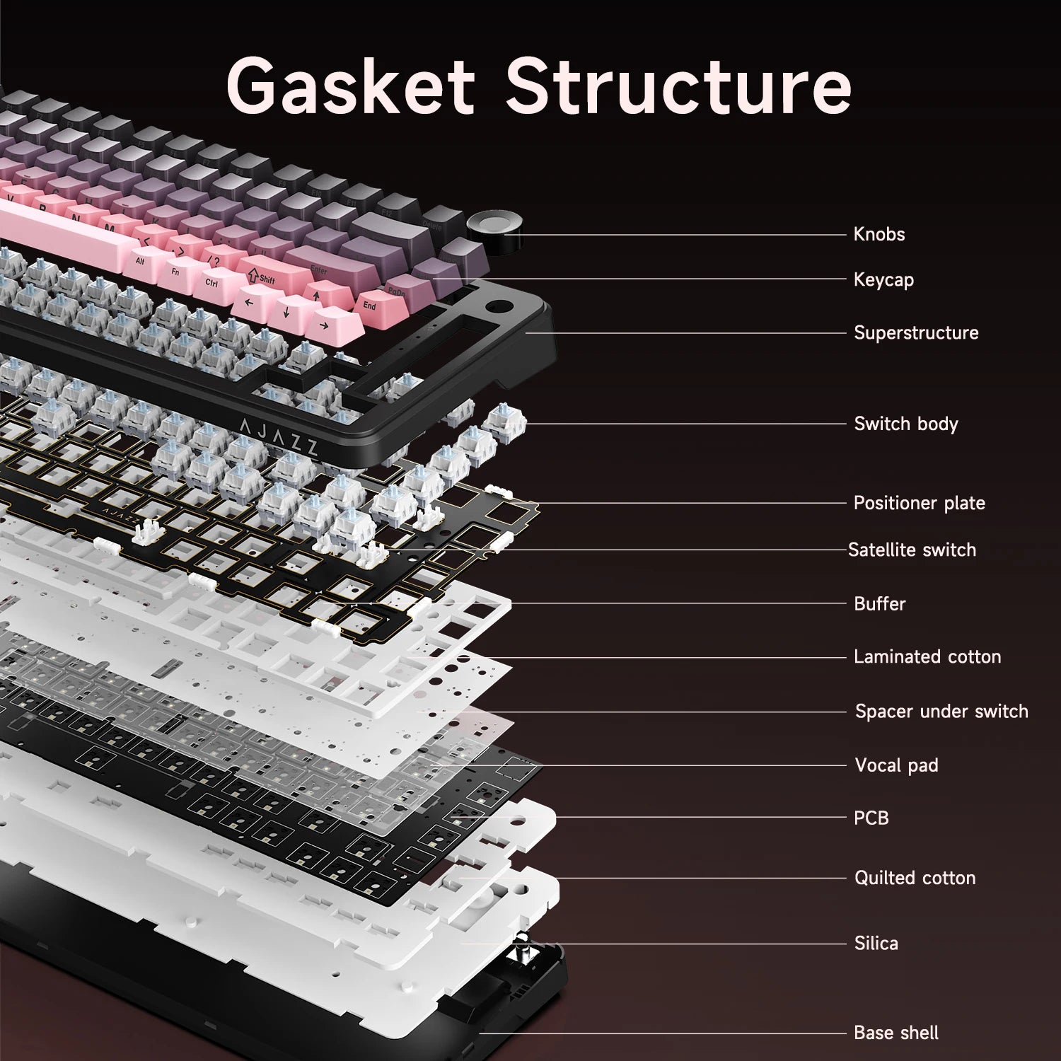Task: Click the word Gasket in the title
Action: (350, 86)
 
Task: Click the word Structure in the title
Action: (679, 86)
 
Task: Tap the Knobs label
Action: (879, 234)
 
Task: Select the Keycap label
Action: (883, 279)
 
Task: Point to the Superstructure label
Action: (916, 332)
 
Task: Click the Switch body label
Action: (906, 424)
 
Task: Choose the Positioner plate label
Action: (919, 503)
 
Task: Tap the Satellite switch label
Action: (912, 550)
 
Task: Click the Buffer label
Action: (879, 603)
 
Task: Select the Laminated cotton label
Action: (927, 656)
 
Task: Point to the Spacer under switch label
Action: (941, 711)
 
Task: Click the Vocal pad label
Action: (896, 765)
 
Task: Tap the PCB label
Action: (871, 818)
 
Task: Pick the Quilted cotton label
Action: (915, 878)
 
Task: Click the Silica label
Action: (876, 943)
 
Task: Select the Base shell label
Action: (896, 1033)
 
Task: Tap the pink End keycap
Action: (370, 306)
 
